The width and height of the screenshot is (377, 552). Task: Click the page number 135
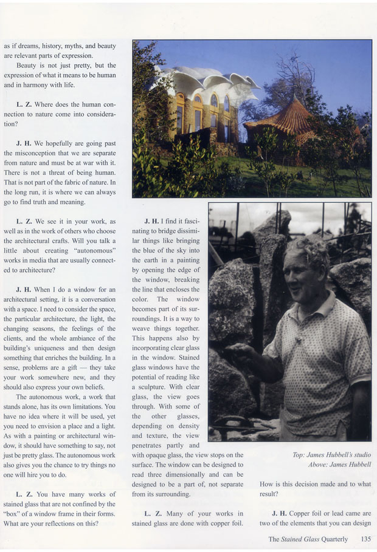pos(365,539)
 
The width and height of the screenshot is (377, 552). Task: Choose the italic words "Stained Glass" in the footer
pos(305,539)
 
